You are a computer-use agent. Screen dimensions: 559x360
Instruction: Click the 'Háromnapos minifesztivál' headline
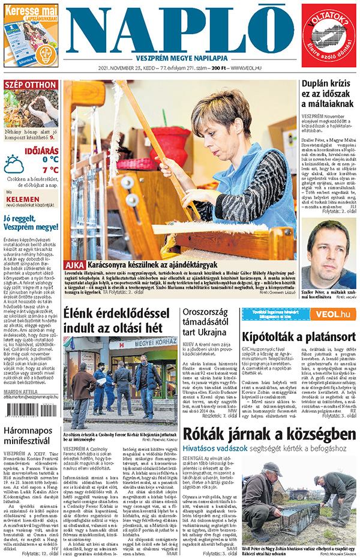(30, 436)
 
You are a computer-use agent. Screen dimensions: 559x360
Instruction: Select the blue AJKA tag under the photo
(75, 264)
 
